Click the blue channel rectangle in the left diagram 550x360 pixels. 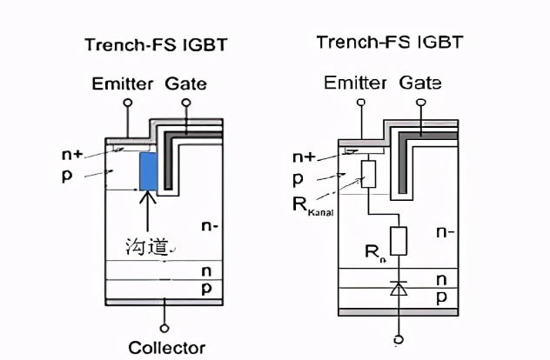pyautogui.click(x=148, y=171)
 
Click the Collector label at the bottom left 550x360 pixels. pyautogui.click(x=166, y=348)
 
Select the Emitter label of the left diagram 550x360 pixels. pyautogui.click(x=124, y=84)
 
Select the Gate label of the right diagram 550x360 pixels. pyautogui.click(x=420, y=83)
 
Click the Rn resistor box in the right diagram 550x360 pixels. pyautogui.click(x=399, y=241)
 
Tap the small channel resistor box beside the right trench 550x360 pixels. pyautogui.click(x=367, y=174)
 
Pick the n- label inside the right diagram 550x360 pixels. pyautogui.click(x=445, y=232)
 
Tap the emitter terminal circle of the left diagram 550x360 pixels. pyautogui.click(x=128, y=103)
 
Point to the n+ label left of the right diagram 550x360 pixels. pyautogui.click(x=304, y=157)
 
